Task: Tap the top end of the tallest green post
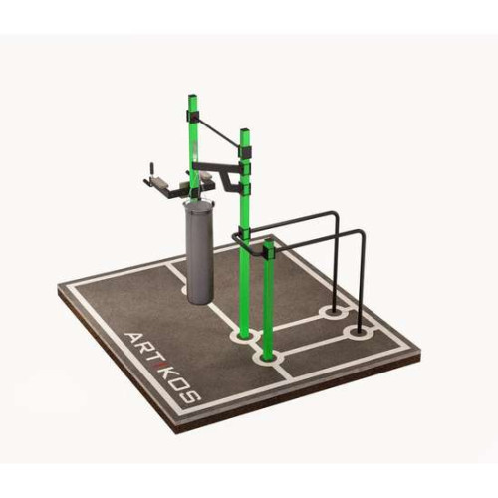point(193,97)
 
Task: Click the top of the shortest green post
point(269,241)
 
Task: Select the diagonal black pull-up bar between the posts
point(218,129)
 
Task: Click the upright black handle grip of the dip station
point(152,168)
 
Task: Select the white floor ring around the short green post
point(268,359)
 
